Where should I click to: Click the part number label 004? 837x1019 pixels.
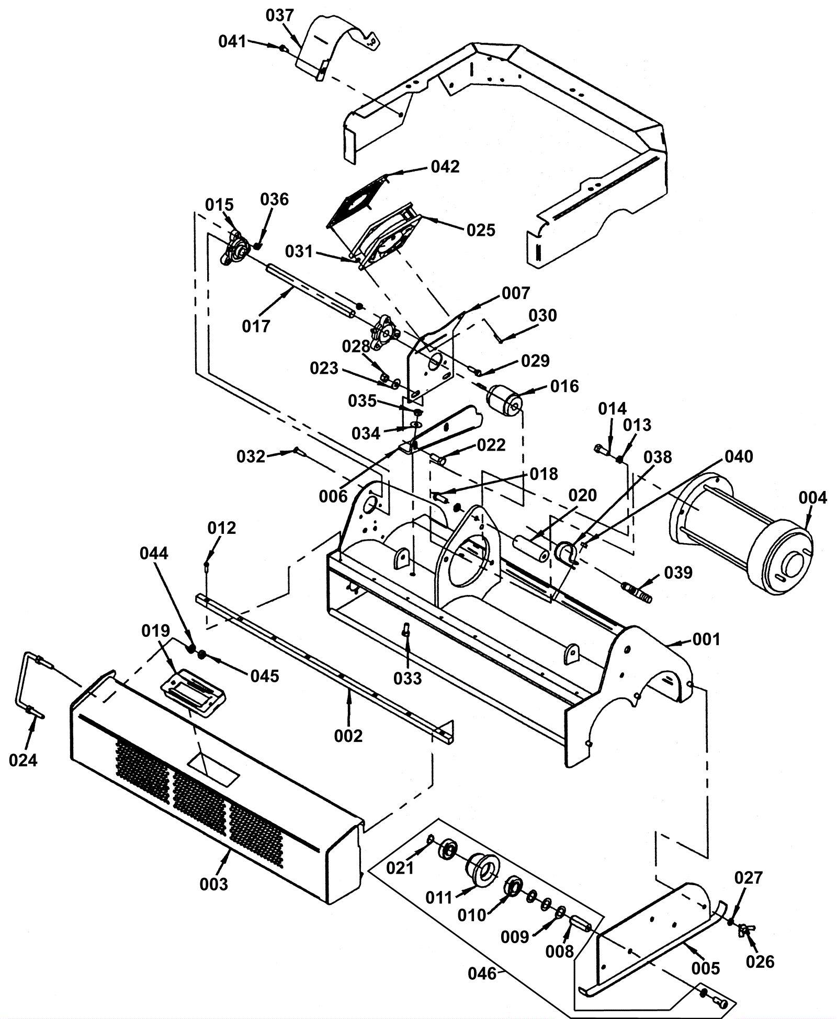tap(812, 498)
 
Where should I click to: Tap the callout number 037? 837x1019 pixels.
tap(280, 16)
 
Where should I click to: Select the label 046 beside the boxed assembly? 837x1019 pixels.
tap(482, 974)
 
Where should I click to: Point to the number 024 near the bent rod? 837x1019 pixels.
tap(24, 760)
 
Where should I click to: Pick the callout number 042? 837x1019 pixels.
tap(445, 167)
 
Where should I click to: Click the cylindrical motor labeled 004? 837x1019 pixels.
tap(741, 533)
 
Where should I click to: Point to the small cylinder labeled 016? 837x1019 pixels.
tap(502, 402)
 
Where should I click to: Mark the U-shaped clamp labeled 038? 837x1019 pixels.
tap(567, 554)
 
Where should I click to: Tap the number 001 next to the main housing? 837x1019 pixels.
tap(706, 639)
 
